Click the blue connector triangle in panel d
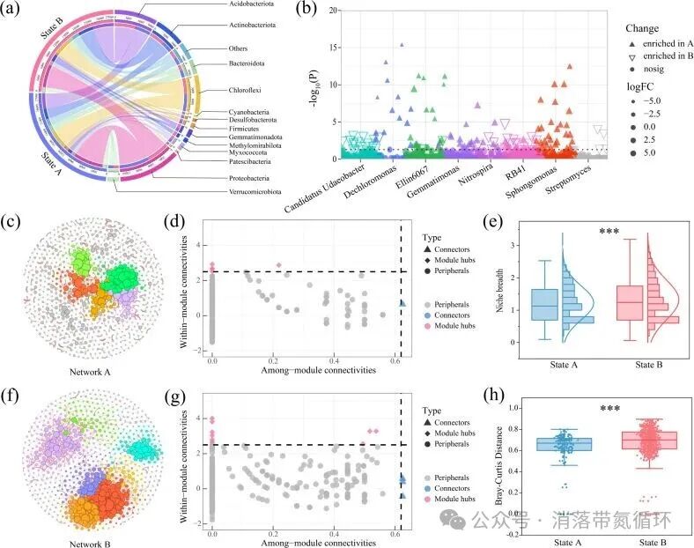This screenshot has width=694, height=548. click(402, 304)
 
